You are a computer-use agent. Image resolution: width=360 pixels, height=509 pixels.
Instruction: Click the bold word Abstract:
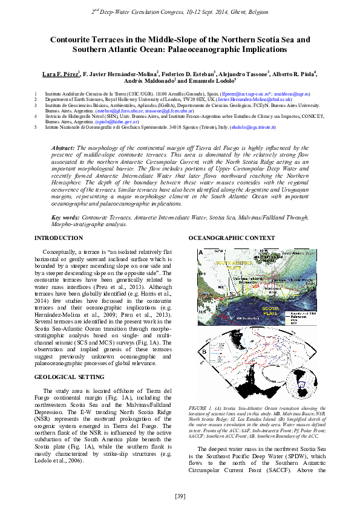tap(63, 148)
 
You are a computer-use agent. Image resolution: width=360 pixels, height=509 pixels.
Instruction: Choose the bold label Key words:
tap(65, 216)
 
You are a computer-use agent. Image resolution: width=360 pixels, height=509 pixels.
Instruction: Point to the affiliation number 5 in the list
tap(36, 128)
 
